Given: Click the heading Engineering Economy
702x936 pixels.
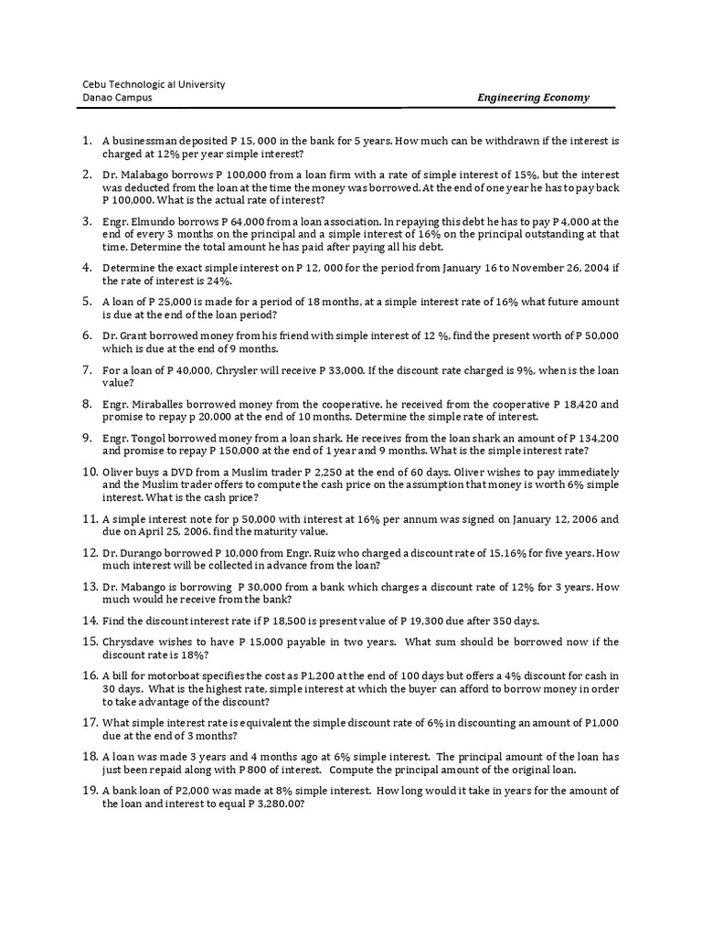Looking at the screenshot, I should tap(534, 98).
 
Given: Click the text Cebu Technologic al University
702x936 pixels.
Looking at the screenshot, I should tap(154, 84).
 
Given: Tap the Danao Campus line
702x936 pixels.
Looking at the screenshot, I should tap(118, 98).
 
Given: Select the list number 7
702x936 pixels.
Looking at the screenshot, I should tap(88, 370).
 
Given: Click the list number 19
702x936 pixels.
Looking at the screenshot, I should tap(90, 791).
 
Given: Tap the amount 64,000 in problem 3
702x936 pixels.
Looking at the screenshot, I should tap(250, 221).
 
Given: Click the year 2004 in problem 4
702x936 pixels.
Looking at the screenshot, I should tap(590, 268).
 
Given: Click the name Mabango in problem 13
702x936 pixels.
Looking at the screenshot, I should tap(147, 587).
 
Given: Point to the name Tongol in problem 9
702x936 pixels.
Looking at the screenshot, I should tap(149, 438).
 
